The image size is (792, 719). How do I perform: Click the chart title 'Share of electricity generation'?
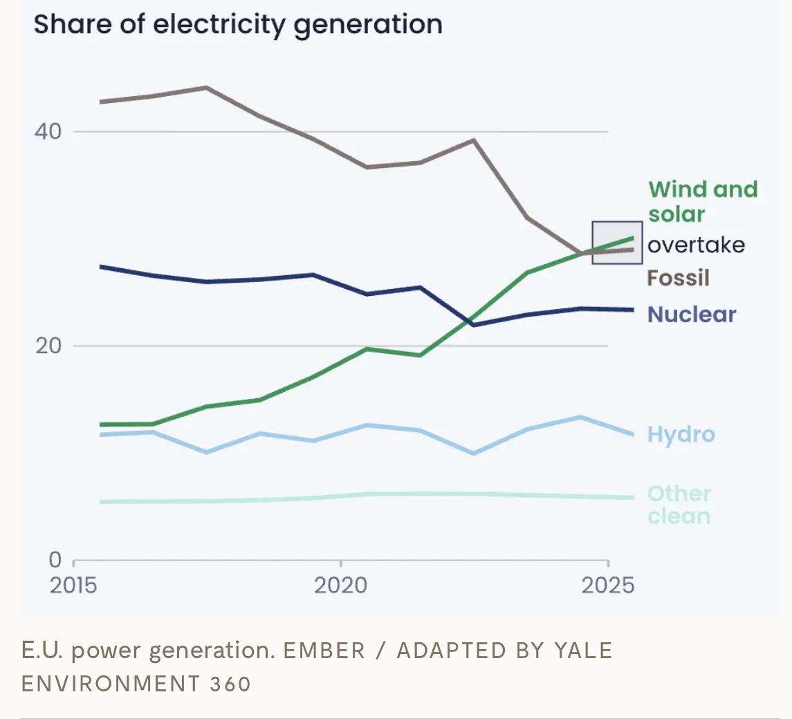pyautogui.click(x=238, y=25)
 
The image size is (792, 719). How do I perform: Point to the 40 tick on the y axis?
pyautogui.click(x=47, y=131)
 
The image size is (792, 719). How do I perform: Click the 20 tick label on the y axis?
pyautogui.click(x=47, y=346)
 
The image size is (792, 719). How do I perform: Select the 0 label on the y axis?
pyautogui.click(x=55, y=559)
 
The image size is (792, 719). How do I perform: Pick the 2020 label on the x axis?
pyautogui.click(x=340, y=586)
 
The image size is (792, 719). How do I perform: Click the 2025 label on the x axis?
pyautogui.click(x=607, y=586)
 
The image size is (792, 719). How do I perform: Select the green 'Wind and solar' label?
pyautogui.click(x=702, y=201)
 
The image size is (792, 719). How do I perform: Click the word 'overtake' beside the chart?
pyautogui.click(x=696, y=245)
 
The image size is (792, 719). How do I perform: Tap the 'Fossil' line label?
pyautogui.click(x=678, y=278)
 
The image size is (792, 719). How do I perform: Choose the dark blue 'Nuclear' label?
pyautogui.click(x=692, y=315)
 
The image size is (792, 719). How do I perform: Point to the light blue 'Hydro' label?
pyautogui.click(x=681, y=434)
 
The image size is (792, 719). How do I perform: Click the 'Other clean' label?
pyautogui.click(x=679, y=505)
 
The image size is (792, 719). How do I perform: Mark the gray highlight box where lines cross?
pyautogui.click(x=617, y=243)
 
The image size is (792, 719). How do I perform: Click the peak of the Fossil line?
pyautogui.click(x=206, y=88)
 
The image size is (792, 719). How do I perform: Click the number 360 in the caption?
pyautogui.click(x=230, y=684)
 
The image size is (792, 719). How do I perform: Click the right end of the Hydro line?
pyautogui.click(x=632, y=435)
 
